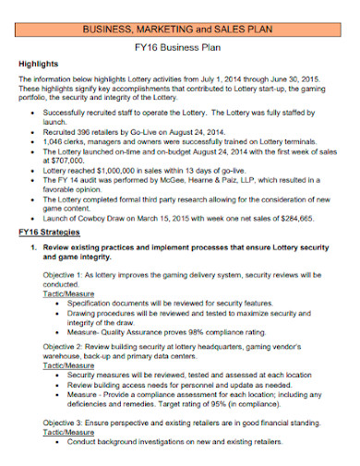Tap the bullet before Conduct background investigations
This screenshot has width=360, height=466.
60,440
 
